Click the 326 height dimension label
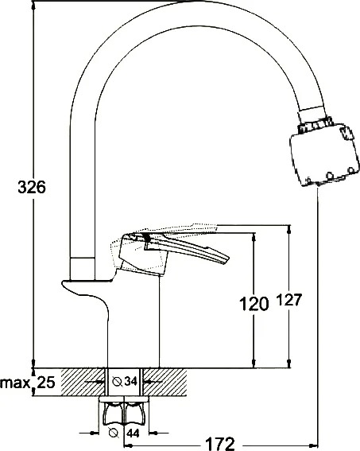(32, 187)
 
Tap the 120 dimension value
(254, 304)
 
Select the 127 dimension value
(289, 300)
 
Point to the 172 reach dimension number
(220, 445)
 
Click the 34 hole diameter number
(130, 381)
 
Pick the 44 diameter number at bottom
(133, 433)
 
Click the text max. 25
(28, 383)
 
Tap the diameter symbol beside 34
(117, 382)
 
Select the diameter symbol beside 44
(114, 432)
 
